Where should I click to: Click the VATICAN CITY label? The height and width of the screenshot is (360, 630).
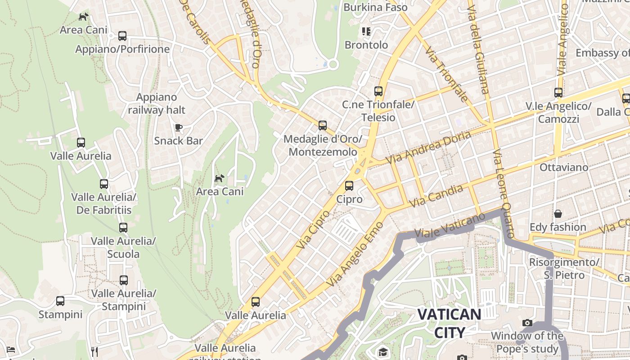[449, 323]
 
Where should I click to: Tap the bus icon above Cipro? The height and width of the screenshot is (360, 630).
[349, 185]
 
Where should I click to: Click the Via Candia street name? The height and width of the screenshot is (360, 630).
[437, 196]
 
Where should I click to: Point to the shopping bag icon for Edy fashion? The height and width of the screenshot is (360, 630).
[558, 214]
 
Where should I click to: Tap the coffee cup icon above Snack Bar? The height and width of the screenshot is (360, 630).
[179, 127]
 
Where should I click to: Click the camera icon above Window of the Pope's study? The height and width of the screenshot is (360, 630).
[527, 323]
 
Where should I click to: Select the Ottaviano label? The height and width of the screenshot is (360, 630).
[563, 167]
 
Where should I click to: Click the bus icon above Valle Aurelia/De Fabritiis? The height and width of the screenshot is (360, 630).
[104, 184]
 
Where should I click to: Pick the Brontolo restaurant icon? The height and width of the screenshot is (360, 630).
[366, 31]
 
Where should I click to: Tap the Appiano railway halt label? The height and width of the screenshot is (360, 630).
[157, 103]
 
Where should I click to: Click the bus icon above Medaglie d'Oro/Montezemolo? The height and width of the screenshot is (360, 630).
[322, 126]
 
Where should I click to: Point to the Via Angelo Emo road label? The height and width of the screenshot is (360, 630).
[354, 255]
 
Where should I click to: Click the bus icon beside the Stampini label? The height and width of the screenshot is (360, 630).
[60, 301]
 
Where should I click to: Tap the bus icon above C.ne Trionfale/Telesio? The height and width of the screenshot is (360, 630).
[378, 91]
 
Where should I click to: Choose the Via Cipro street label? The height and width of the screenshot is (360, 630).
[314, 229]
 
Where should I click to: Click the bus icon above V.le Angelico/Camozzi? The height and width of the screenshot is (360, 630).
[558, 93]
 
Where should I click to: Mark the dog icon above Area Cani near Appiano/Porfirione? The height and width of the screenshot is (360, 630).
[83, 17]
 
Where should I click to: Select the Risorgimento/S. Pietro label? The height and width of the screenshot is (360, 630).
[564, 268]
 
